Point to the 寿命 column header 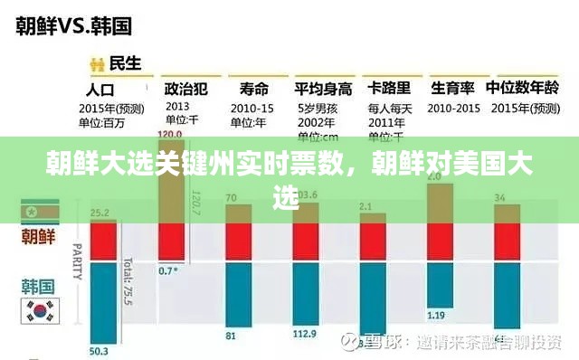254,89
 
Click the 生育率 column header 454,89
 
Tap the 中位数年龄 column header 522,89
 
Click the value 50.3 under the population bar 99,351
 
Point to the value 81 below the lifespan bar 231,336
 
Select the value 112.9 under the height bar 306,336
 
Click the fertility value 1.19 436,316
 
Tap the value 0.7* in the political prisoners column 167,270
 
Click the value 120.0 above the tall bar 169,134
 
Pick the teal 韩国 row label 37,288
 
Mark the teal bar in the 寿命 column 238,292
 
